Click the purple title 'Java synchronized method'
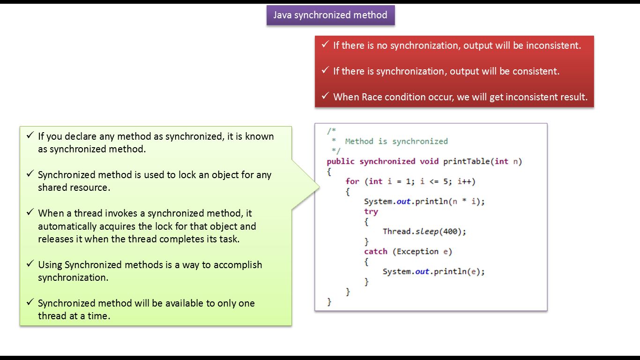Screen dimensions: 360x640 point(330,15)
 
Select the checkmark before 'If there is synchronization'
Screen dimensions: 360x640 point(325,70)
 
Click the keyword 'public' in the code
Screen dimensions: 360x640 point(341,161)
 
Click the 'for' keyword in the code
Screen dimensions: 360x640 point(352,181)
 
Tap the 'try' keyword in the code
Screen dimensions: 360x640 point(371,211)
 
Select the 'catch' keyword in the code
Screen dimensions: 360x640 point(376,252)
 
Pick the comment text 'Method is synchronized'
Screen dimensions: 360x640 point(396,141)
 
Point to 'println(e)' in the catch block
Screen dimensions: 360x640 point(459,272)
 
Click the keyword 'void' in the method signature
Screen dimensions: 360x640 point(429,161)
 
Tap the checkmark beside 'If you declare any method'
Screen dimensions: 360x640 point(30,135)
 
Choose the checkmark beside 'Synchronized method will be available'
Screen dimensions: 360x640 point(30,302)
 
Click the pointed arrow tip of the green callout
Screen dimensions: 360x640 point(319,187)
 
